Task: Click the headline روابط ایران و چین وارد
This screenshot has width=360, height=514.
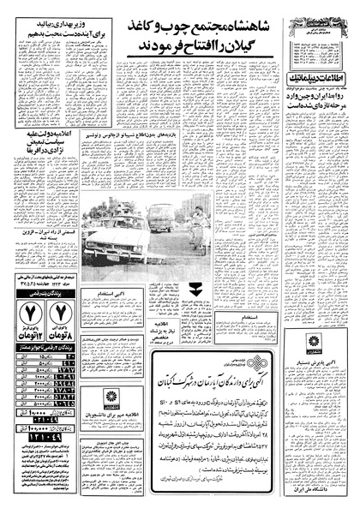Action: coord(321,101)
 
